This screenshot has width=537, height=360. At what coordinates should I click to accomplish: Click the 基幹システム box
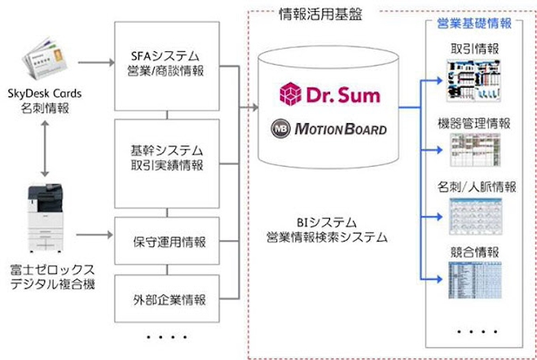[166, 157]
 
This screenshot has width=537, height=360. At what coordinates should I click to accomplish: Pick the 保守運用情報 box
[166, 241]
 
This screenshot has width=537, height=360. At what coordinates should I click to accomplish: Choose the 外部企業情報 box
[166, 299]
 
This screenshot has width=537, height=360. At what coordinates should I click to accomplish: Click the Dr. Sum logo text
[330, 96]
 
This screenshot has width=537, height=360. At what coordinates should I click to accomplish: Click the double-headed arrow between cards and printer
[45, 148]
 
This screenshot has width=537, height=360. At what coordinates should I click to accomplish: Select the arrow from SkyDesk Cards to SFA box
[96, 60]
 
